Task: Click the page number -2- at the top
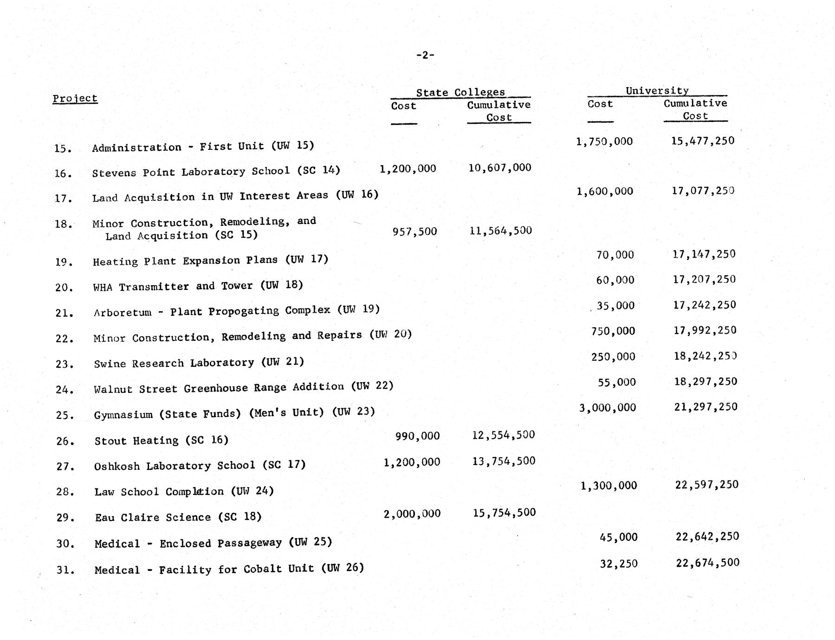pyautogui.click(x=425, y=55)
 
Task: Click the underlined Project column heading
pyautogui.click(x=75, y=98)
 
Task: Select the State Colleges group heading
pyautogui.click(x=460, y=92)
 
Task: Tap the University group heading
pyautogui.click(x=657, y=90)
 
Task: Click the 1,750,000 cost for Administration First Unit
pyautogui.click(x=604, y=141)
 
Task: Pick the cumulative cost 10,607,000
pyautogui.click(x=499, y=167)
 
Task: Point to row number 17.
pyautogui.click(x=63, y=198)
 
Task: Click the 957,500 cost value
pyautogui.click(x=414, y=231)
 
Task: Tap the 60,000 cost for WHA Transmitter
pyautogui.click(x=615, y=280)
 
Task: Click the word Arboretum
pyautogui.click(x=123, y=313)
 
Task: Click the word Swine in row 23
pyautogui.click(x=110, y=364)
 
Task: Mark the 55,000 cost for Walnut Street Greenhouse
pyautogui.click(x=616, y=382)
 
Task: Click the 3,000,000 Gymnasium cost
pyautogui.click(x=607, y=408)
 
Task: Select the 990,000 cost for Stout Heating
pyautogui.click(x=417, y=436)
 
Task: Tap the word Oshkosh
pyautogui.click(x=117, y=466)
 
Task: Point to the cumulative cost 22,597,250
pyautogui.click(x=706, y=485)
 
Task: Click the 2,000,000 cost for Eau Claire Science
pyautogui.click(x=412, y=514)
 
